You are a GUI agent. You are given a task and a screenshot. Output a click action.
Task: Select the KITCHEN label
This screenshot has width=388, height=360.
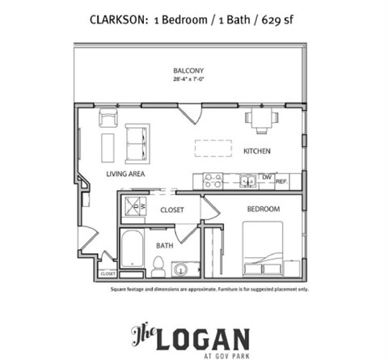tap(257, 151)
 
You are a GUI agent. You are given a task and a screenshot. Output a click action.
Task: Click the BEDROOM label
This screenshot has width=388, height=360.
tap(264, 209)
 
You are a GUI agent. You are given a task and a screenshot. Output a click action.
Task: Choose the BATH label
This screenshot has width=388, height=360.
tap(165, 245)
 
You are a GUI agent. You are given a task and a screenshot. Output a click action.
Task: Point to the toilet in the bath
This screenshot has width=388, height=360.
tap(158, 265)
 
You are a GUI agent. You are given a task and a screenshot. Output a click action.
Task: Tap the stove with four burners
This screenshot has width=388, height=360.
tap(213, 180)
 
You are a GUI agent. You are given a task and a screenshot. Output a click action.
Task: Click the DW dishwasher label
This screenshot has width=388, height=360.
tap(267, 177)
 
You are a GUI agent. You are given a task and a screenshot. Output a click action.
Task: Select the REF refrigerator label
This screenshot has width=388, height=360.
tap(281, 181)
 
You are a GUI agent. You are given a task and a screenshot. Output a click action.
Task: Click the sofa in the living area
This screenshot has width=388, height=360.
tap(137, 142)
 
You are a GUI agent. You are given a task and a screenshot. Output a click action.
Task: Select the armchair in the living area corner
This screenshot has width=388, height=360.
tap(108, 119)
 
